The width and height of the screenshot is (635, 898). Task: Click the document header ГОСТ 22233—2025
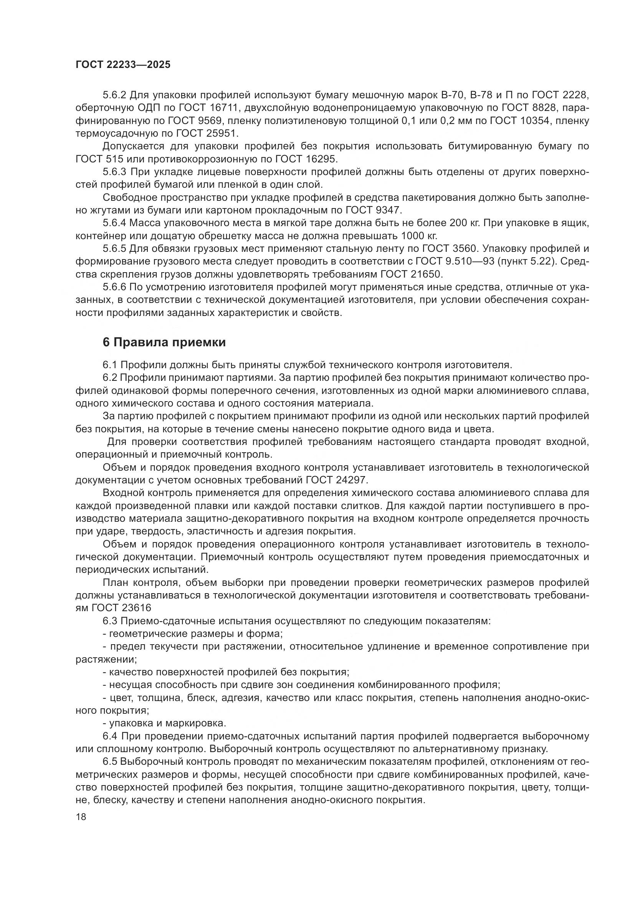tap(123, 64)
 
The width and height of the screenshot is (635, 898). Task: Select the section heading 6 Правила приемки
tap(164, 342)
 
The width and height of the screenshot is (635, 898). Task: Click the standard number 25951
tap(223, 133)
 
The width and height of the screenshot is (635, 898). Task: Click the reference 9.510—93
tap(470, 261)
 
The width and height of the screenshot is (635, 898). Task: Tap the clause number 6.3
tap(110, 621)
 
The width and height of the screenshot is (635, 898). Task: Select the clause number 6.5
tap(110, 761)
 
